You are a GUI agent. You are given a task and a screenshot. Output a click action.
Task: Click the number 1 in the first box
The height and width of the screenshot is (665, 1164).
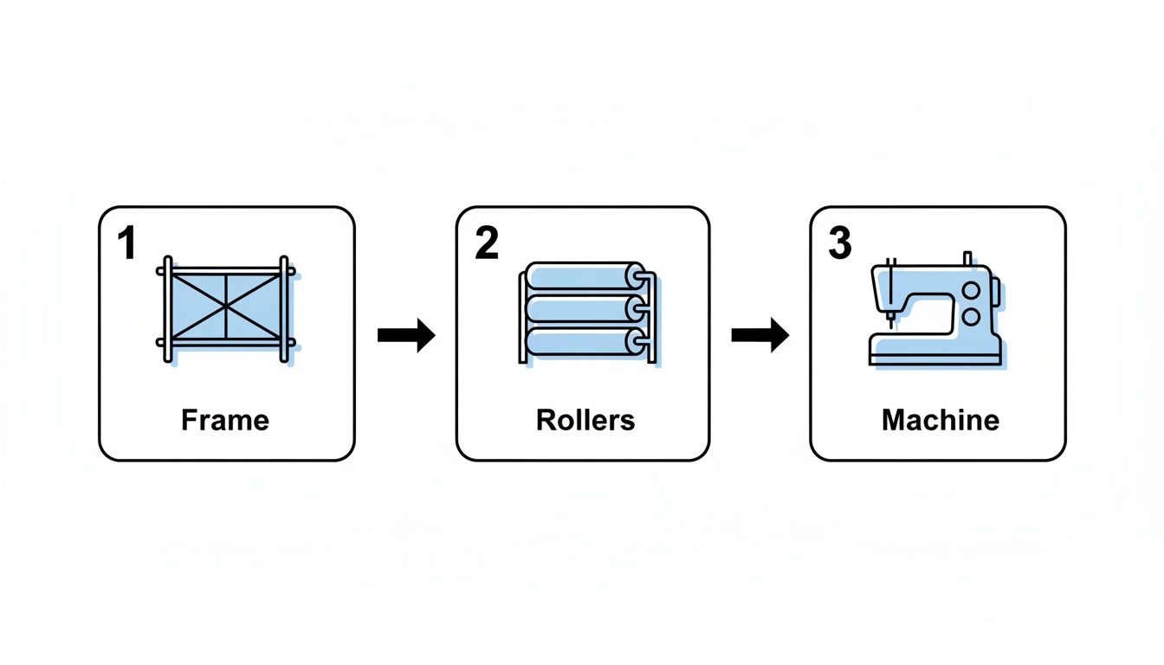point(127,245)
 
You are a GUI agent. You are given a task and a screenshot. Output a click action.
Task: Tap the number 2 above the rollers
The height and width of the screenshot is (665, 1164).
point(487,245)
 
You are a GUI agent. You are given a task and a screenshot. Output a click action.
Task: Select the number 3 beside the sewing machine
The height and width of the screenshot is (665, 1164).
point(840,245)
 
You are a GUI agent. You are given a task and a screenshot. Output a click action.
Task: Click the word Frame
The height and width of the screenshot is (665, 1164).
point(225,421)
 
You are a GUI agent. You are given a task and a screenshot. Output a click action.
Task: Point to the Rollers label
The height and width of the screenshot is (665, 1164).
point(585,421)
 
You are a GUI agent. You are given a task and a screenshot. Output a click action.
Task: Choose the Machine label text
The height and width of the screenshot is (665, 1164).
point(941,421)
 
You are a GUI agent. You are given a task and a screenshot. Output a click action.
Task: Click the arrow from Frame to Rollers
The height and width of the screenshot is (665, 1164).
point(406,334)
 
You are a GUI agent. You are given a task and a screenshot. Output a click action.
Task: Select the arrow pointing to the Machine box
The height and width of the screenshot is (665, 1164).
point(760,334)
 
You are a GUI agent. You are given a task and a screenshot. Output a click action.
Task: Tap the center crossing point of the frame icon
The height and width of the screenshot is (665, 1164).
point(226,307)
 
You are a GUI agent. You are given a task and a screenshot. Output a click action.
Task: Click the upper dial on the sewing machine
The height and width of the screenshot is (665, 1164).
point(972,290)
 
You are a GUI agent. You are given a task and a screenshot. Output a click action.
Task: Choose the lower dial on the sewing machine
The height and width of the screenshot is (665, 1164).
point(972,317)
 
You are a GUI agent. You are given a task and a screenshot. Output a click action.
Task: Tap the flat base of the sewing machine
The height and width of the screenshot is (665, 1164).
point(935,356)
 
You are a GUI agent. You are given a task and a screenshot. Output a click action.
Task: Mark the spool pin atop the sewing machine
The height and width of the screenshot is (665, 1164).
point(967,259)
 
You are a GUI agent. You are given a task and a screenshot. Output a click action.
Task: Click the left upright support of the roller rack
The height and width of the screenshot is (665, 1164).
point(521,316)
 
